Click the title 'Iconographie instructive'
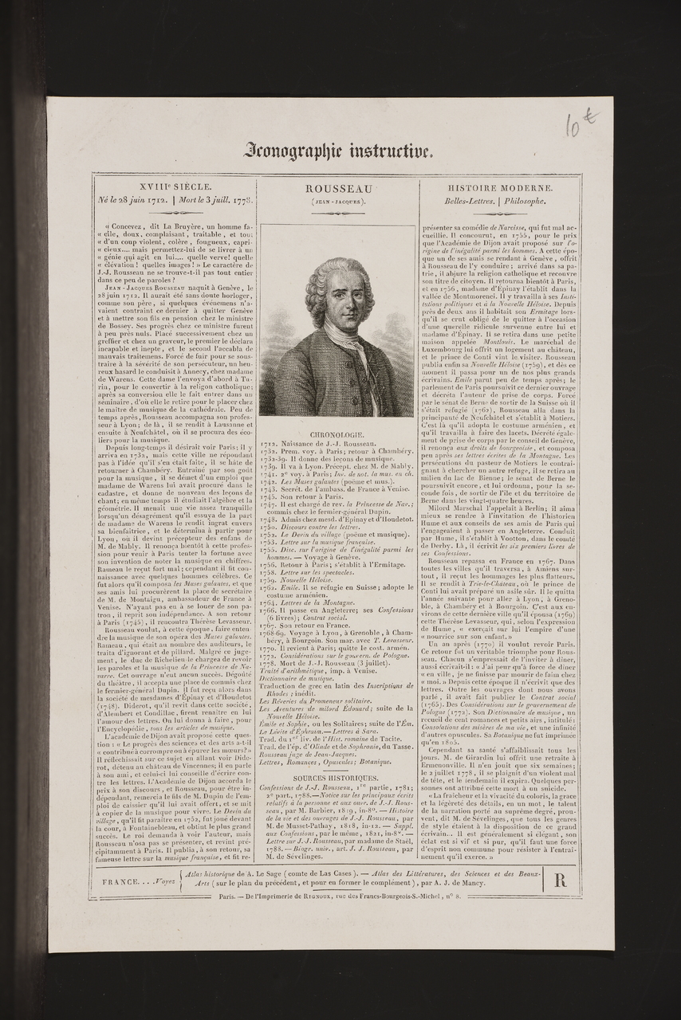pos(340,150)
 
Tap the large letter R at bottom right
pos(560,880)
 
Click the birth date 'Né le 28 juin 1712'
pos(131,201)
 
